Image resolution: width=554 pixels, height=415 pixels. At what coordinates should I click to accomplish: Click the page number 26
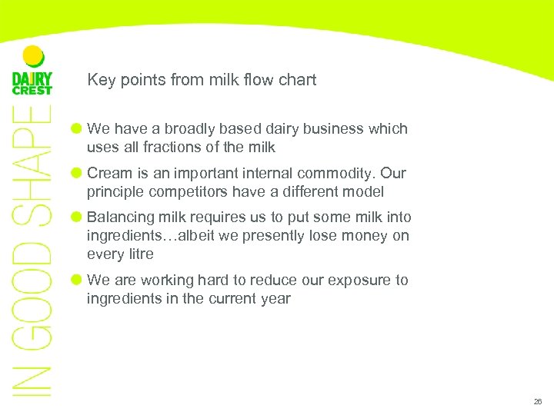[x=537, y=402]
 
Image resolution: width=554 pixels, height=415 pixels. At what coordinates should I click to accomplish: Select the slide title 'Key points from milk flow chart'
[x=202, y=80]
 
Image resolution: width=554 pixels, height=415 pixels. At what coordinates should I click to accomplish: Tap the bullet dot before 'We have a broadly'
[x=77, y=128]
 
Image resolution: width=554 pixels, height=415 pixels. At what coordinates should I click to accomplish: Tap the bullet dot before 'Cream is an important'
[x=77, y=173]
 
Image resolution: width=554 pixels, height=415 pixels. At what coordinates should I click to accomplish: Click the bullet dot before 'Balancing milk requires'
[x=77, y=217]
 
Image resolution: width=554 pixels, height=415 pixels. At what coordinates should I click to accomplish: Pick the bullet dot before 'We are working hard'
[x=77, y=280]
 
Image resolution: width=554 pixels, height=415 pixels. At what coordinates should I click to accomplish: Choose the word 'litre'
[x=139, y=254]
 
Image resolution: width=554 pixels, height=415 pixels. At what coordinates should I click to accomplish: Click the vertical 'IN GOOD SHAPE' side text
[x=32, y=254]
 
